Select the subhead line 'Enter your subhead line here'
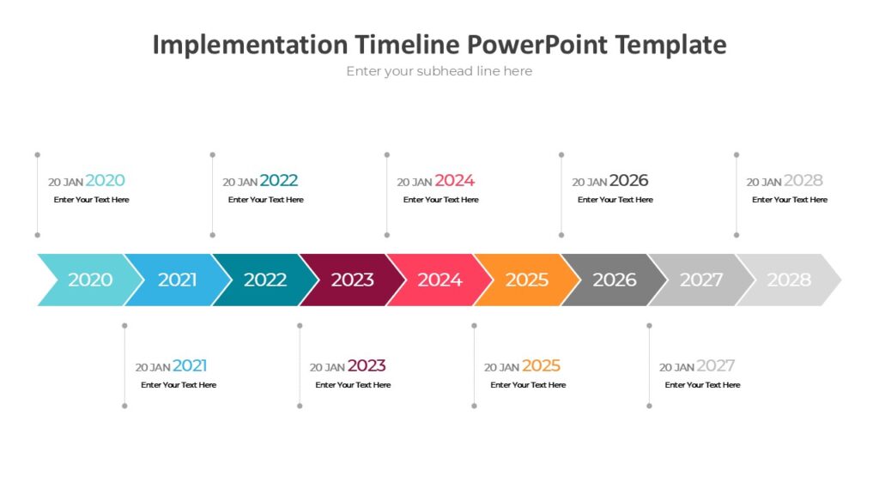click(439, 71)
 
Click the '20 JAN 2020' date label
click(87, 181)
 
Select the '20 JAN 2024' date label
click(435, 181)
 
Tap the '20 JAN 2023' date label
click(348, 366)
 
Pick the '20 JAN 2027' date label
click(697, 366)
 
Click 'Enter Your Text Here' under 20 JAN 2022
click(266, 200)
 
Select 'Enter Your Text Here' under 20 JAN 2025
click(528, 385)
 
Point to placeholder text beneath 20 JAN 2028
click(790, 200)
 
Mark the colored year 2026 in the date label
click(628, 180)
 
